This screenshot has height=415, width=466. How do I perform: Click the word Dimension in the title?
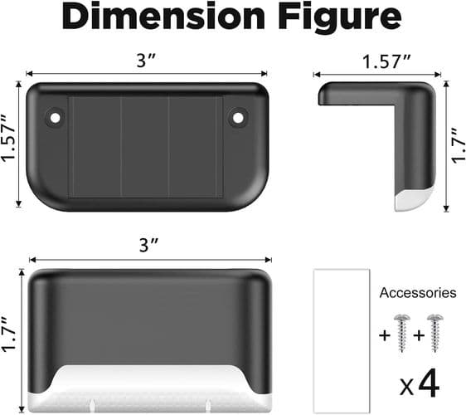[163, 17]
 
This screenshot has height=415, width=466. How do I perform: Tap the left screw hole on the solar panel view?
[55, 118]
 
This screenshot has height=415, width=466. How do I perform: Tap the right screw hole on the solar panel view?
[238, 118]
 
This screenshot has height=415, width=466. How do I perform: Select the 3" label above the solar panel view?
[146, 61]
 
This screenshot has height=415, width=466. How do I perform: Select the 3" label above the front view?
[149, 246]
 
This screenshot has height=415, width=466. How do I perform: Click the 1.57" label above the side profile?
[386, 61]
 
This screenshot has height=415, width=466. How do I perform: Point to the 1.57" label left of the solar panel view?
[8, 139]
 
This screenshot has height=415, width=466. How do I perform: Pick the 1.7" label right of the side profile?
[459, 146]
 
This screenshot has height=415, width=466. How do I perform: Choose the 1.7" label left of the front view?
[9, 334]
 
